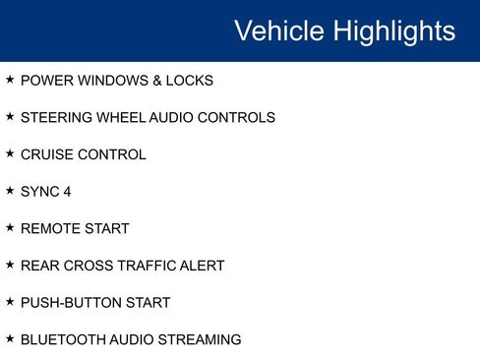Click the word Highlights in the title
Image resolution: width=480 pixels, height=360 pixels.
[x=393, y=30]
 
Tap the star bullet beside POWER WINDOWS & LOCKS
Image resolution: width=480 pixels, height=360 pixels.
[x=10, y=80]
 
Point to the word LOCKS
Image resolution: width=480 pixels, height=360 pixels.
[x=190, y=81]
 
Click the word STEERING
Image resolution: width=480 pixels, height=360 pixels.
[x=52, y=118]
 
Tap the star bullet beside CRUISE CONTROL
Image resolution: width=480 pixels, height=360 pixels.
[x=10, y=153]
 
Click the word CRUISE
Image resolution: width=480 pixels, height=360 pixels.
[x=45, y=154]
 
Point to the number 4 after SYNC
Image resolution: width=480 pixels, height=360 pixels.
[x=67, y=192]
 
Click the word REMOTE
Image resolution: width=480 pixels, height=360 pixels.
[x=47, y=229]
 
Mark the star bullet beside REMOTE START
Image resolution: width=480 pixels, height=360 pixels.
[x=10, y=228]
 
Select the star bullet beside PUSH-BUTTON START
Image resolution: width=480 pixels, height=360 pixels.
[x=10, y=302]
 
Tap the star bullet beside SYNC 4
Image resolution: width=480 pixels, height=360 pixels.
[x=10, y=191]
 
